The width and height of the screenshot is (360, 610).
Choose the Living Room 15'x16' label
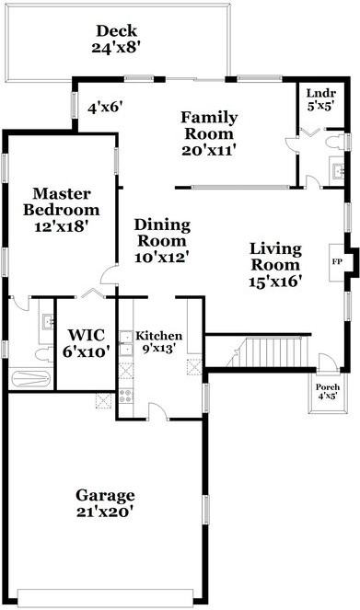coord(275,265)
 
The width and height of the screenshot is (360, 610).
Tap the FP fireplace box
coord(337,259)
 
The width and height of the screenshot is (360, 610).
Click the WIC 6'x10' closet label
coord(85,341)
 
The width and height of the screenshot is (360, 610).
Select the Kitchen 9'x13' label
coord(159,342)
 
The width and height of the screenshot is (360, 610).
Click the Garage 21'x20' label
coord(105,501)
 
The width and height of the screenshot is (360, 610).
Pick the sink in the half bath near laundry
coord(336,168)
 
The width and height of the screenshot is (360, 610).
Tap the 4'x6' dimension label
coord(106,108)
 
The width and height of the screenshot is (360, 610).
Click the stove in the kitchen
coord(127,397)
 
